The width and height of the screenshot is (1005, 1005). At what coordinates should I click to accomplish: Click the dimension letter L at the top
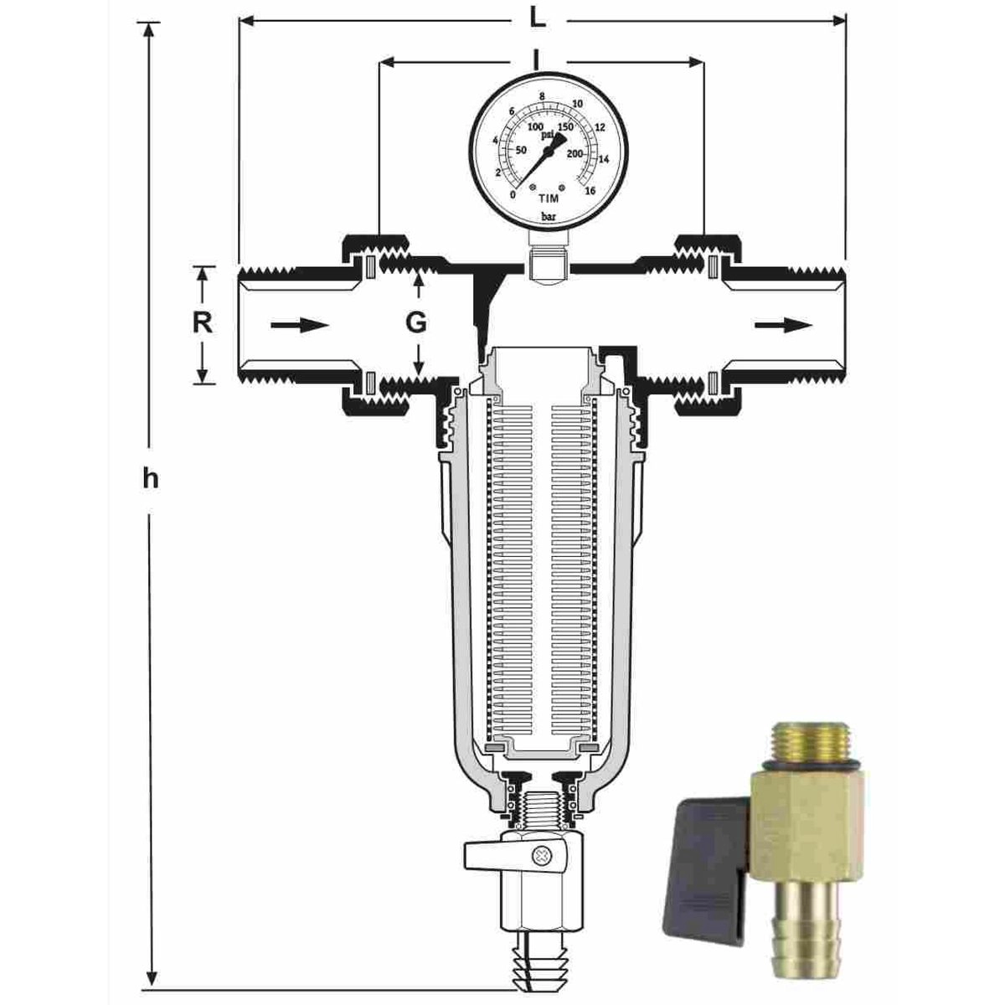tap(539, 20)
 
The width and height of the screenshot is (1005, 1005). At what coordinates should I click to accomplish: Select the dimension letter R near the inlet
tap(203, 323)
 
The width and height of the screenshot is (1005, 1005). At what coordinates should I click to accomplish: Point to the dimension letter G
tap(416, 323)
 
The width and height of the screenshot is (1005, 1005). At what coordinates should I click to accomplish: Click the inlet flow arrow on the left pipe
tap(300, 325)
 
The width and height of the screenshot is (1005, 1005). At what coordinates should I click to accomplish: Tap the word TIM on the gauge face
tap(548, 198)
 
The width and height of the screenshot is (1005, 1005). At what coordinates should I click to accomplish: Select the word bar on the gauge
tap(548, 217)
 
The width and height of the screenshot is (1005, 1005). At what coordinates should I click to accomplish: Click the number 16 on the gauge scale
tap(590, 191)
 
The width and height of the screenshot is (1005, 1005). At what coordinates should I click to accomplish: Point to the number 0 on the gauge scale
tap(513, 194)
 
